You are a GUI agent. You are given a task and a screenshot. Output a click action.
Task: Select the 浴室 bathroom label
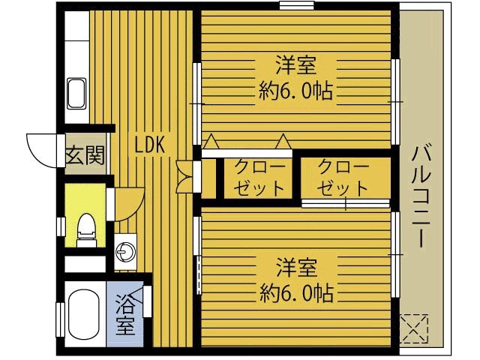coord(125,316)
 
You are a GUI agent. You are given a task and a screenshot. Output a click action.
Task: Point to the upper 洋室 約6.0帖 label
coord(295,77)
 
